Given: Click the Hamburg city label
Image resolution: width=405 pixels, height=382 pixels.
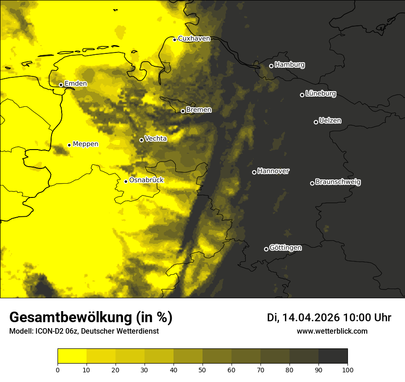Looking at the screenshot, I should coord(289,65).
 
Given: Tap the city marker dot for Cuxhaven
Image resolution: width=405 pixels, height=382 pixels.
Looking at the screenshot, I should coord(175,40).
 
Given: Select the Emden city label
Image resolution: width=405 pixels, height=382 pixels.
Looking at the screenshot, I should coord(75,84).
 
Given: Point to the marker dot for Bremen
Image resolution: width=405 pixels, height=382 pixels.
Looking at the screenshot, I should coord(183,111).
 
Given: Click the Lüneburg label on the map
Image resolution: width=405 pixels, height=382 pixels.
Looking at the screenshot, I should coord(320,94).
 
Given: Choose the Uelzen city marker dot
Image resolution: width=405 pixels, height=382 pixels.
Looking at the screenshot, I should coord(316,122).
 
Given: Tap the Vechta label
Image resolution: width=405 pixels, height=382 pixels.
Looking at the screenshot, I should coord(156,139).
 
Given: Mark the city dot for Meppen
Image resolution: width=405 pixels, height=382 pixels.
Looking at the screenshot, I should coord(69,145).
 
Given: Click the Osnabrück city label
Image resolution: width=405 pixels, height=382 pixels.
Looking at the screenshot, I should coord(146,180).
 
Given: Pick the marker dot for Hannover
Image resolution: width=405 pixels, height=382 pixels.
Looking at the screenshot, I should coord(254,172).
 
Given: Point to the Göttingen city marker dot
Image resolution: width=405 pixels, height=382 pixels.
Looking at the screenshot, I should coord(266,249).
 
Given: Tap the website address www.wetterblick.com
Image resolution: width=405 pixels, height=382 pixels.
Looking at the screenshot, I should coord(332,331).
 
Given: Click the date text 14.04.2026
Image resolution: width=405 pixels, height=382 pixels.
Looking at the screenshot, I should coord(311,318).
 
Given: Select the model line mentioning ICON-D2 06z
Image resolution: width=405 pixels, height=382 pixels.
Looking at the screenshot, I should coord(84,331).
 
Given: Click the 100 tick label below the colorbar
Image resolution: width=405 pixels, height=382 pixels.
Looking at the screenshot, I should coord(347,369).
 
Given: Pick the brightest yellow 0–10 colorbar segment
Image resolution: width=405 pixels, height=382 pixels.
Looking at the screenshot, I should coord(72,356).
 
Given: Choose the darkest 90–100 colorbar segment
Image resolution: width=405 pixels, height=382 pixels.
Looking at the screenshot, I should coord(333,356).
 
